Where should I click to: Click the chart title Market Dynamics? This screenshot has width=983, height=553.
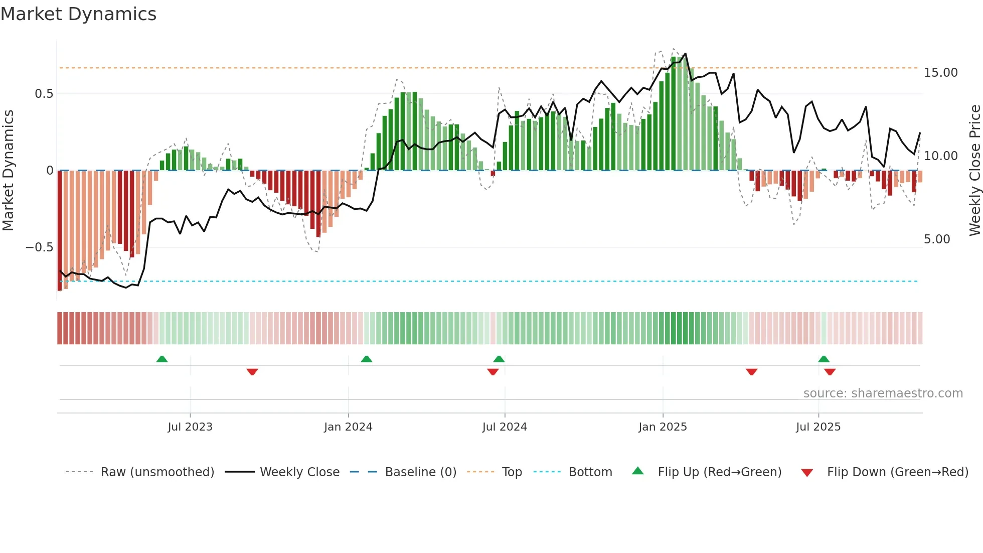point(78,14)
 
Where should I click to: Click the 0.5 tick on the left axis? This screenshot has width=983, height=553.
point(44,94)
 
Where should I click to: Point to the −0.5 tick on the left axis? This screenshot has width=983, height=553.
point(39,247)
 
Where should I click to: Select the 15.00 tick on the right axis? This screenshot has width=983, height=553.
point(940,73)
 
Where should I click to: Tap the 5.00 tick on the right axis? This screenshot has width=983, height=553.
point(937,239)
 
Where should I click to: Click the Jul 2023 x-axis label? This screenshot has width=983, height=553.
point(190,427)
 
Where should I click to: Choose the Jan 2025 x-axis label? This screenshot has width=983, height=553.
point(663,427)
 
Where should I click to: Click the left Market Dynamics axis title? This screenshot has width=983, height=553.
point(8,171)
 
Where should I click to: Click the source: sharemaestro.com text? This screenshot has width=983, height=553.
point(883,393)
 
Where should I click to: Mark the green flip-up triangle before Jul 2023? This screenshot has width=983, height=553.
point(161,359)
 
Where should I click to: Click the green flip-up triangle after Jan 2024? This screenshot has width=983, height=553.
point(367,359)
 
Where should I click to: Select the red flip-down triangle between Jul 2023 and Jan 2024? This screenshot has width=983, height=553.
point(252,372)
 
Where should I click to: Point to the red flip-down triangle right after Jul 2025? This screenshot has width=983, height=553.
point(830,372)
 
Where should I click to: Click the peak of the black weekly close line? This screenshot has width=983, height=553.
point(685,54)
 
